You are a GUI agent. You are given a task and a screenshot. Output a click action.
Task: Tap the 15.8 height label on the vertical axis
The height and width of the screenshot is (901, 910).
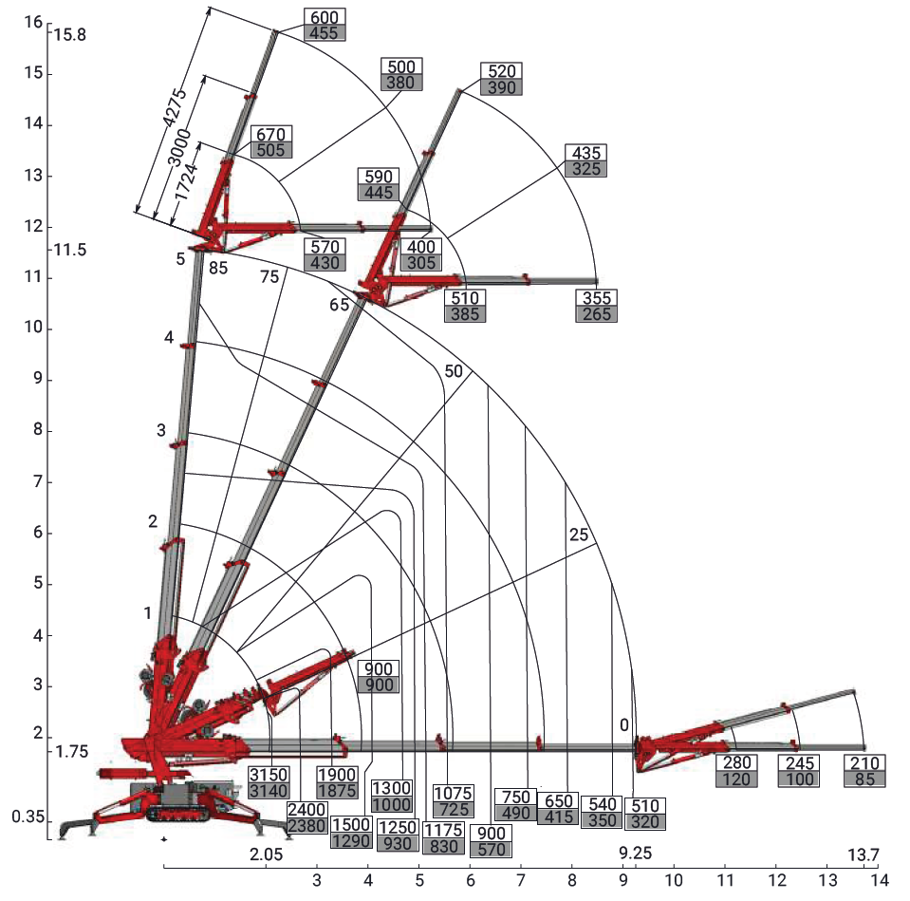[x=70, y=35]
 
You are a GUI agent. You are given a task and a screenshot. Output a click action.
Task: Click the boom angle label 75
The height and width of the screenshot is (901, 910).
[x=269, y=276]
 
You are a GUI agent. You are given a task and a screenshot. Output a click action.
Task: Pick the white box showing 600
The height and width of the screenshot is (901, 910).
[x=325, y=16]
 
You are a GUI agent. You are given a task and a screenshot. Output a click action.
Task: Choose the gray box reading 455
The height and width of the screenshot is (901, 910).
[x=325, y=32]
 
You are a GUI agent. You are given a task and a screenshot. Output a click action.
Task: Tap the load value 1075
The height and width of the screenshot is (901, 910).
[x=453, y=793]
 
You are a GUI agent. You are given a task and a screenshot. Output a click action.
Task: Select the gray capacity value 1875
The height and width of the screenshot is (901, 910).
[x=337, y=792]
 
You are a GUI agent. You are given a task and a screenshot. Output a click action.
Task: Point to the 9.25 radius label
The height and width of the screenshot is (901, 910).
[x=636, y=852]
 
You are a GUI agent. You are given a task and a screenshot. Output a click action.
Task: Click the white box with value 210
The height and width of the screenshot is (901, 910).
[x=864, y=763]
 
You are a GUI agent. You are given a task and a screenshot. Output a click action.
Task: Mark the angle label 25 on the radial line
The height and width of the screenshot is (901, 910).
[x=579, y=535]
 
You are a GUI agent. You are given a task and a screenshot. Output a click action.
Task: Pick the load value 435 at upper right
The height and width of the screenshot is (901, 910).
[x=585, y=153]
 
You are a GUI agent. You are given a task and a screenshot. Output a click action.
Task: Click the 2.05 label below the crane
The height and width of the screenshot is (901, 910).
[x=267, y=854]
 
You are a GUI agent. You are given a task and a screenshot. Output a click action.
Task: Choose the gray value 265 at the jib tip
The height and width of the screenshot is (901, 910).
[x=598, y=314]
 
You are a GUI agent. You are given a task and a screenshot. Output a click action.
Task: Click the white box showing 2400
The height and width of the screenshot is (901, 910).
[x=307, y=810]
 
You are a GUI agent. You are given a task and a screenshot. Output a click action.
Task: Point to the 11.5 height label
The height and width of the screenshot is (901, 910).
[x=69, y=250]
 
